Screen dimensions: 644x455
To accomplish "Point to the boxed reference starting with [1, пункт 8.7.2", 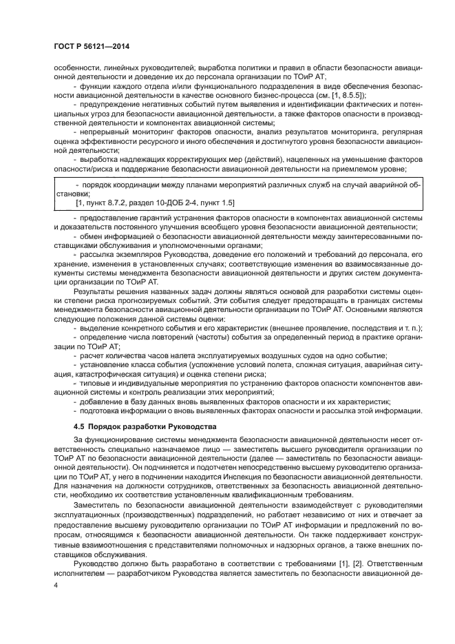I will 155,203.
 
